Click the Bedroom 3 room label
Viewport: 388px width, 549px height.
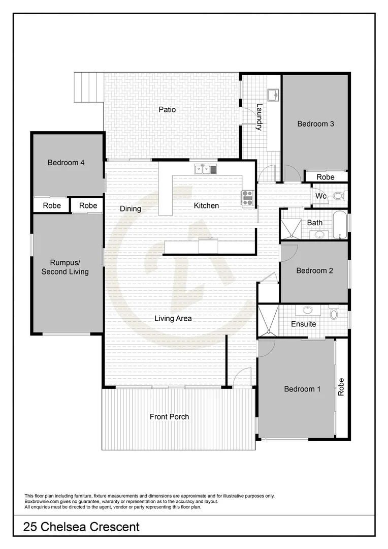[x=315, y=124]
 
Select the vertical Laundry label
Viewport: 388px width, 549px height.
[x=259, y=117]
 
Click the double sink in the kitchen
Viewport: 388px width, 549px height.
[x=206, y=169]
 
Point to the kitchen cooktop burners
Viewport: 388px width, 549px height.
[x=247, y=197]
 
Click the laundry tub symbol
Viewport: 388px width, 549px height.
[x=273, y=95]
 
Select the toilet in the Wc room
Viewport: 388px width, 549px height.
[x=338, y=196]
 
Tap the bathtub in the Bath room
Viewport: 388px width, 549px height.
[x=340, y=225]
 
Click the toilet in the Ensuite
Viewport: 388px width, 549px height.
[x=333, y=312]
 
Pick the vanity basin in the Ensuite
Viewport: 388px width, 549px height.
[x=308, y=310]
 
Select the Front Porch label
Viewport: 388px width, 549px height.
[x=169, y=417]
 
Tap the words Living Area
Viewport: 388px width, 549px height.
[x=173, y=319]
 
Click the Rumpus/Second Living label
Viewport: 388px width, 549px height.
[x=65, y=267]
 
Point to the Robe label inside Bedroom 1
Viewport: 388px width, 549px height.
[x=341, y=387]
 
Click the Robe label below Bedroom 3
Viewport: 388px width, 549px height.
[x=326, y=177]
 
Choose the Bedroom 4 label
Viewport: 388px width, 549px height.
[x=66, y=163]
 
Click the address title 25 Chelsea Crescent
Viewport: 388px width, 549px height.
[x=81, y=527]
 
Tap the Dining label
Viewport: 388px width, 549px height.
[x=131, y=208]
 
